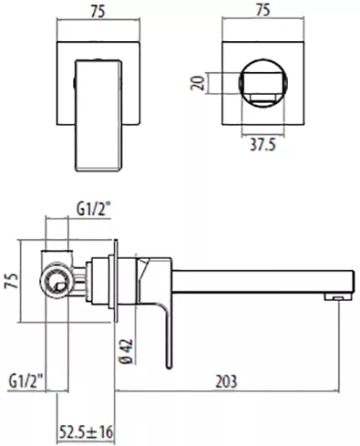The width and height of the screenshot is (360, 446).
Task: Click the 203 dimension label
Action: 226,381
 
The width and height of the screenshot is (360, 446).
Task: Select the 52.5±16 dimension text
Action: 87,432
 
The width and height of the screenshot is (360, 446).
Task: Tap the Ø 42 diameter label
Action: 127,351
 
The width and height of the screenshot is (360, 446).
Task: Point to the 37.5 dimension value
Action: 263,144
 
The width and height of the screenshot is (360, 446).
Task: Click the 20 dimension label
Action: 198,83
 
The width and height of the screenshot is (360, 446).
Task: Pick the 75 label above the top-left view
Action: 98,12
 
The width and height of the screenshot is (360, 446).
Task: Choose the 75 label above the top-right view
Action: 262,10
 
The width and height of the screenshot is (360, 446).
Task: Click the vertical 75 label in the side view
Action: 11,280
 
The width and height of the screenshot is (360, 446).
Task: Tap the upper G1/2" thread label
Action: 93,210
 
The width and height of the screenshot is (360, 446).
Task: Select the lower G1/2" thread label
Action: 26,381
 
